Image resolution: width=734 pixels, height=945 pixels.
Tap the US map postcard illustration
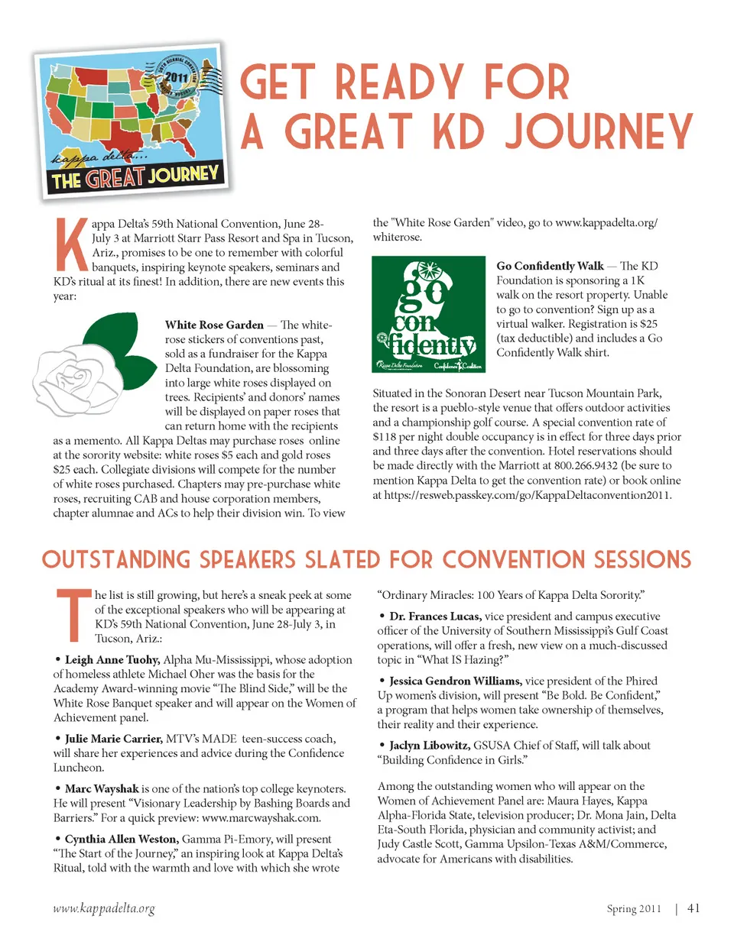click(x=132, y=118)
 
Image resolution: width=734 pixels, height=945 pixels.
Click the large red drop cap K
click(x=71, y=244)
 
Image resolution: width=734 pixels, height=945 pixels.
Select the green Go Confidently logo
click(x=428, y=314)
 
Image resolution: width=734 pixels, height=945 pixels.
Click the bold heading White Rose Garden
click(x=214, y=325)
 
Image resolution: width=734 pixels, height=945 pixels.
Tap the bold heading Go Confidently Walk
click(x=550, y=266)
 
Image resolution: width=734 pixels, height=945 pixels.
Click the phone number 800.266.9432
click(x=586, y=465)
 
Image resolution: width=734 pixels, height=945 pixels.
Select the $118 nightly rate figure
click(x=386, y=437)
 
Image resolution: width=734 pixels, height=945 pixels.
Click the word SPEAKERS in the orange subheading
click(x=247, y=560)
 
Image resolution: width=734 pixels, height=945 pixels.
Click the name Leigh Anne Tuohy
click(x=112, y=660)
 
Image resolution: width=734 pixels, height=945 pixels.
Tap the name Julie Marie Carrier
click(x=113, y=739)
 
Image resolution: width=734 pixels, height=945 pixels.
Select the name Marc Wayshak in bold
click(x=102, y=788)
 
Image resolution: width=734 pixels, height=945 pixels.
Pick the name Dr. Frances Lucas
click(x=435, y=617)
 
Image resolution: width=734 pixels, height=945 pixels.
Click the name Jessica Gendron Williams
click(x=455, y=681)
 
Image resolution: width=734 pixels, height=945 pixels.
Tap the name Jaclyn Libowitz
click(x=429, y=746)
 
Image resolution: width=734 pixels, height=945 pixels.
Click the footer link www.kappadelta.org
click(x=104, y=908)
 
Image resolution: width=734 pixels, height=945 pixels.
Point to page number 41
click(x=693, y=908)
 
